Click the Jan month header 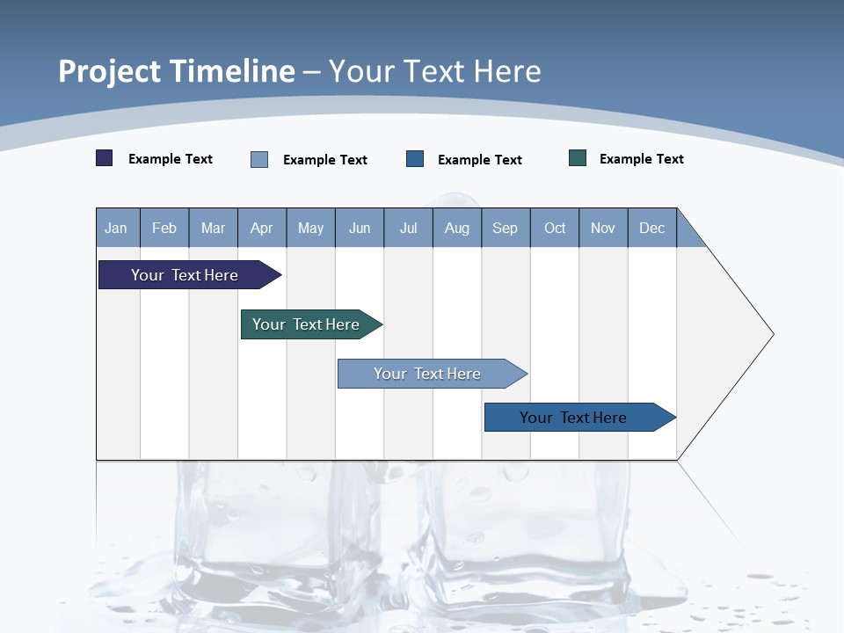click(x=117, y=228)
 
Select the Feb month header click(x=164, y=228)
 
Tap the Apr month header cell click(x=262, y=228)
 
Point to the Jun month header click(x=360, y=228)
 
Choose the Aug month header click(x=457, y=228)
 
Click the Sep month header click(x=506, y=228)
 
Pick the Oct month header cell click(x=555, y=228)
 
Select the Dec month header click(x=652, y=228)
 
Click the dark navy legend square click(x=105, y=158)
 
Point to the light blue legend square click(x=259, y=159)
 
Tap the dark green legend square click(x=578, y=158)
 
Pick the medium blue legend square click(x=415, y=159)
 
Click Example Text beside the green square click(x=641, y=159)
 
